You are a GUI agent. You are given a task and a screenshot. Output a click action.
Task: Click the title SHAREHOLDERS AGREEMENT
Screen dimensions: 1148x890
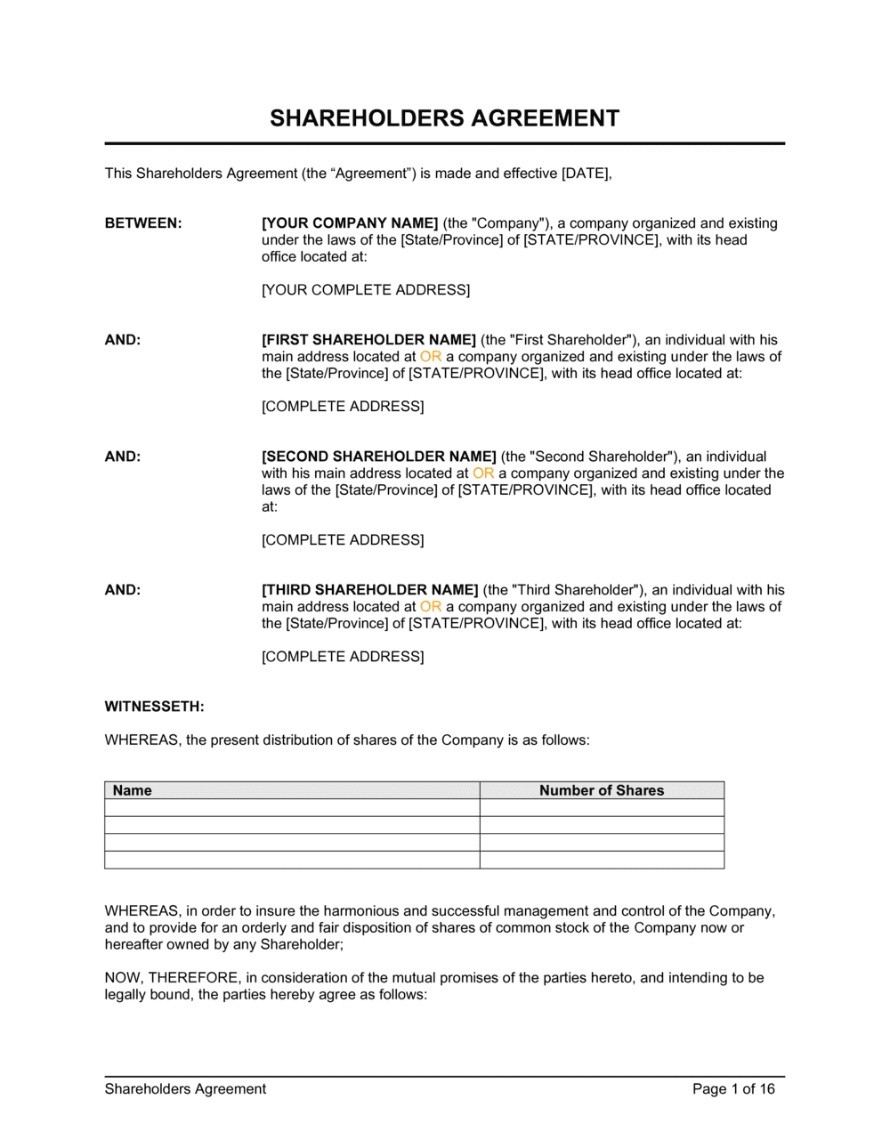tap(444, 118)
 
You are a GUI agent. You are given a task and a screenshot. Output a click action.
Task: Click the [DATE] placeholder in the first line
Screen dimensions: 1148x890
tap(585, 174)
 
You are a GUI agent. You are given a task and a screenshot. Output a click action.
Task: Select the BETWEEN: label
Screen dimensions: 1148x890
tap(143, 223)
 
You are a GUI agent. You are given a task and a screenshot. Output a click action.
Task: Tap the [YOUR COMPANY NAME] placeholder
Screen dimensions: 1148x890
tap(350, 223)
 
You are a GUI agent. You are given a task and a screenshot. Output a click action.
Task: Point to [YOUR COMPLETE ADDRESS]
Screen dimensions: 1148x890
tap(366, 290)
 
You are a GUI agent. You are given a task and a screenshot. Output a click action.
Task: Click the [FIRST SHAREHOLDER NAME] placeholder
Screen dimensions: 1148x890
tap(368, 340)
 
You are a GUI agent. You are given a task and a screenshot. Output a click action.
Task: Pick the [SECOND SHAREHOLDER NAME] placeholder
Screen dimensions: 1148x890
tap(379, 457)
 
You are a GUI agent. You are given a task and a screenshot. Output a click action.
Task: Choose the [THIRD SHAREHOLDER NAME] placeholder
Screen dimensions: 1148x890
tap(370, 590)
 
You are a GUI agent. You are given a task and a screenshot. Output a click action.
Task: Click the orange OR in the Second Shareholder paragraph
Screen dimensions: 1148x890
tap(483, 473)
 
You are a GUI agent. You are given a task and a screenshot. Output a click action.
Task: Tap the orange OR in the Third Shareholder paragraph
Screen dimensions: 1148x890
tap(431, 607)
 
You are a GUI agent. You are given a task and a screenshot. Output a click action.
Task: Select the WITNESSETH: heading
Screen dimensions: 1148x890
tap(154, 707)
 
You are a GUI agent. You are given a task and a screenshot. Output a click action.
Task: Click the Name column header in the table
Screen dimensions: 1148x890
tap(133, 790)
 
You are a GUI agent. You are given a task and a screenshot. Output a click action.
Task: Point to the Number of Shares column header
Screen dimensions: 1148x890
tap(602, 790)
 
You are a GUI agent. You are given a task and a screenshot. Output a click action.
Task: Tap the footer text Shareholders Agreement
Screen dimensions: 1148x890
tap(185, 1089)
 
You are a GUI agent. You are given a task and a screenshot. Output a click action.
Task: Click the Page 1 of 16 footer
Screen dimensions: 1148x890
tap(733, 1089)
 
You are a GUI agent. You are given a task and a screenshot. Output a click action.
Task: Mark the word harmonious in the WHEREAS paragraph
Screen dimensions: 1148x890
tap(361, 911)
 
